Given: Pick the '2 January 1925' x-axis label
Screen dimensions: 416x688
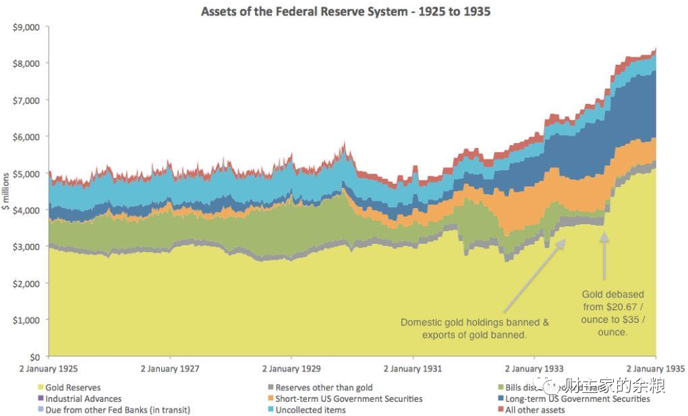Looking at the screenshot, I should click(x=49, y=369).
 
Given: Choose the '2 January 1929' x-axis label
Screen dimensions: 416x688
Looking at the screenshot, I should click(x=291, y=369).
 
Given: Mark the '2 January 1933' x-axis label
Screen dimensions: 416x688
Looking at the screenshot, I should click(x=534, y=369).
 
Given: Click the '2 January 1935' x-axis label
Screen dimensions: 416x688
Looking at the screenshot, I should click(x=655, y=369).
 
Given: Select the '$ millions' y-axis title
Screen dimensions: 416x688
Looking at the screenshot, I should click(x=6, y=192).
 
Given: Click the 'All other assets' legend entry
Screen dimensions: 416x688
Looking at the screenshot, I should click(x=534, y=409).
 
